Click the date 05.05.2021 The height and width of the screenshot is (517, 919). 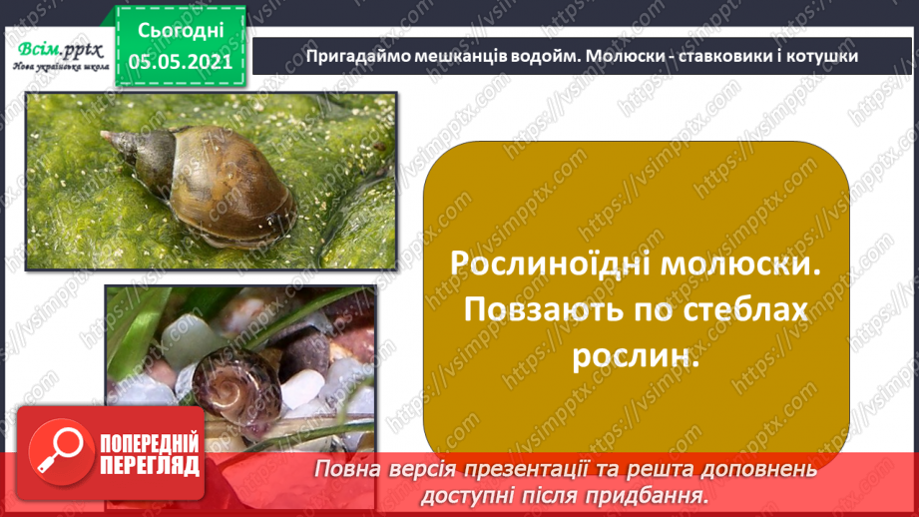point(181,61)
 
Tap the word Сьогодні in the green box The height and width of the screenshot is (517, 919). point(181,30)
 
